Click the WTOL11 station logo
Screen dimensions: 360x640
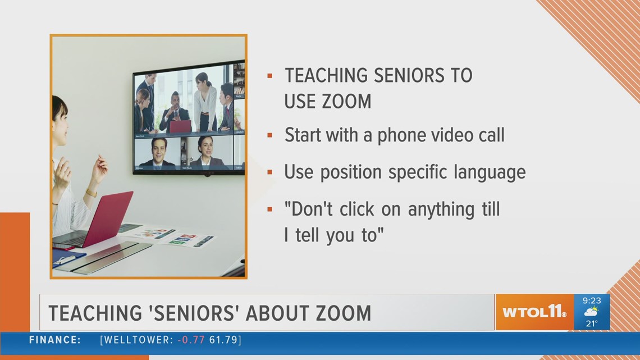[534, 312]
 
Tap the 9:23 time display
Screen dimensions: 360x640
[591, 301]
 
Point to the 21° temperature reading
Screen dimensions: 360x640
[591, 323]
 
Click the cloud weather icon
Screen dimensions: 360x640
[591, 312]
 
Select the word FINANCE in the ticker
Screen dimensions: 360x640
[55, 340]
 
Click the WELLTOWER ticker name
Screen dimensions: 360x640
[138, 340]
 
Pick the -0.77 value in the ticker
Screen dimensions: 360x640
[190, 340]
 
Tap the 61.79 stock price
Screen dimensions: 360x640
[222, 340]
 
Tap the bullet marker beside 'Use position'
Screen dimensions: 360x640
[270, 171]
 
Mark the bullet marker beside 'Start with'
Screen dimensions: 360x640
[270, 135]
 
